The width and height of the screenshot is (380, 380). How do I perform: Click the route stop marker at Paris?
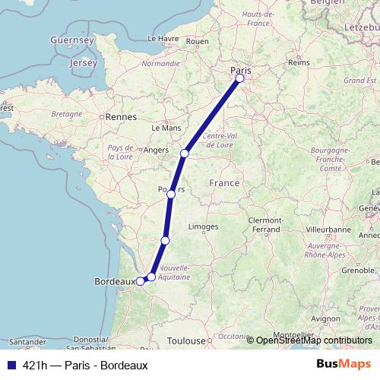240,78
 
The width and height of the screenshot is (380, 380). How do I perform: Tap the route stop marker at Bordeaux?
140,281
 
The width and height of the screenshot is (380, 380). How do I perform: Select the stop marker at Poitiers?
171,195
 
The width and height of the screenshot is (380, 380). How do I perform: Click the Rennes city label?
121,117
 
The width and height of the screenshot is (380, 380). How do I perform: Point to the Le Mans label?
166,128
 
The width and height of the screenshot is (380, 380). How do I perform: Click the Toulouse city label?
187,341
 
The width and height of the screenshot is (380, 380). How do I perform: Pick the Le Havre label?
162,38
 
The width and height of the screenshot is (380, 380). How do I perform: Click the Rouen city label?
197,41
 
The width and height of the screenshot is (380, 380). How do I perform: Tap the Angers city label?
155,150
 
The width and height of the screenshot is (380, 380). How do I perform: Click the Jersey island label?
83,63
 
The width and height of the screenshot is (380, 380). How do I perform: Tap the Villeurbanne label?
328,227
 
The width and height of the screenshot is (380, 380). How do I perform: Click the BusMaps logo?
344,365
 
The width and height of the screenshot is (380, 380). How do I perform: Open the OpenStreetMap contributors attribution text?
314,340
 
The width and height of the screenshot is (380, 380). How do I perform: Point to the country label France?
224,183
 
